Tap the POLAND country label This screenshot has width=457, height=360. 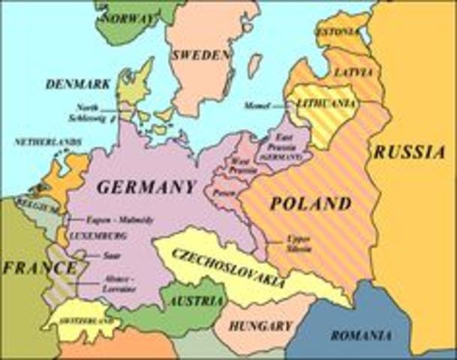[x=311, y=203]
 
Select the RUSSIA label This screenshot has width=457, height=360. [x=410, y=152]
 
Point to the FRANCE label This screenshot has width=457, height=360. [x=29, y=267]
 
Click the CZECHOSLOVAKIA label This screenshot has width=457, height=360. [x=228, y=267]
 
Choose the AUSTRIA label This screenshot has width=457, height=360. [x=197, y=301]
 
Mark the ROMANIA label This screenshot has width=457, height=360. [x=360, y=335]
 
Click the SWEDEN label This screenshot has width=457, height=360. [x=200, y=55]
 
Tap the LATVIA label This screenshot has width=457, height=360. [x=353, y=73]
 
